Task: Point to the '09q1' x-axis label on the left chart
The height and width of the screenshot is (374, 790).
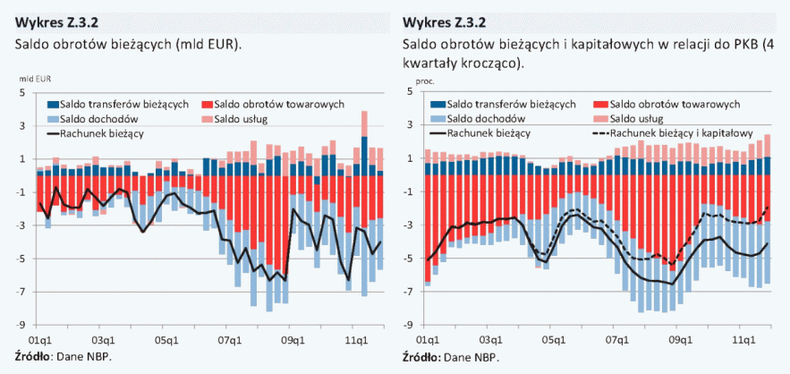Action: [293, 340]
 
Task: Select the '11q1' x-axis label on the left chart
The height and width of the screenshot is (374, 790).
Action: [357, 340]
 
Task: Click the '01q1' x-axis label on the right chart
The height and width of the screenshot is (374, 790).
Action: [426, 340]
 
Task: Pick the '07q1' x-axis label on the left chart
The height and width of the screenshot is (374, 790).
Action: [230, 340]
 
